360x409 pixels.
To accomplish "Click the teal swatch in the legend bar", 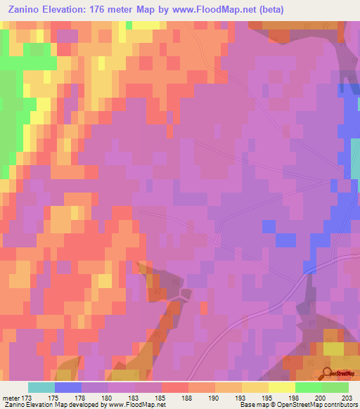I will pyautogui.click(x=41, y=387).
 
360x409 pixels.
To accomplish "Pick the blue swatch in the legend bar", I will pyautogui.click(x=68, y=387).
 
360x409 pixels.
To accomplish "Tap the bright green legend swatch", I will pyautogui.click(x=309, y=387).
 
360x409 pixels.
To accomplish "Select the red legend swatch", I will pyautogui.click(x=175, y=387).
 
